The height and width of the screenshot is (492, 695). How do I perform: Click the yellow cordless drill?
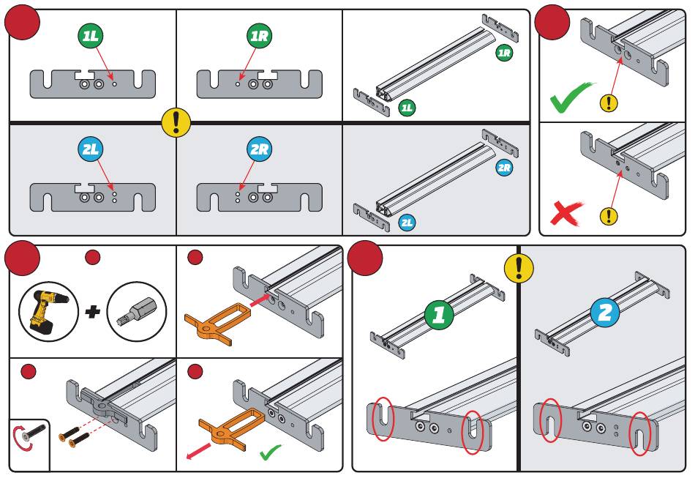tap(48, 310)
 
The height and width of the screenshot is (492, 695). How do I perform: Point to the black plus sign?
tap(92, 313)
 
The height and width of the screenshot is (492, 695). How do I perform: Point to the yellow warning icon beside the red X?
tap(608, 216)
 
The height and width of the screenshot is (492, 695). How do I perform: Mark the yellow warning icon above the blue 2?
tap(519, 269)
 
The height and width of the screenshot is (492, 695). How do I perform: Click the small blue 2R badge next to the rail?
tap(504, 168)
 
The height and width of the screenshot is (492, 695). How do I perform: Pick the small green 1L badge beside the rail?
tap(407, 108)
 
